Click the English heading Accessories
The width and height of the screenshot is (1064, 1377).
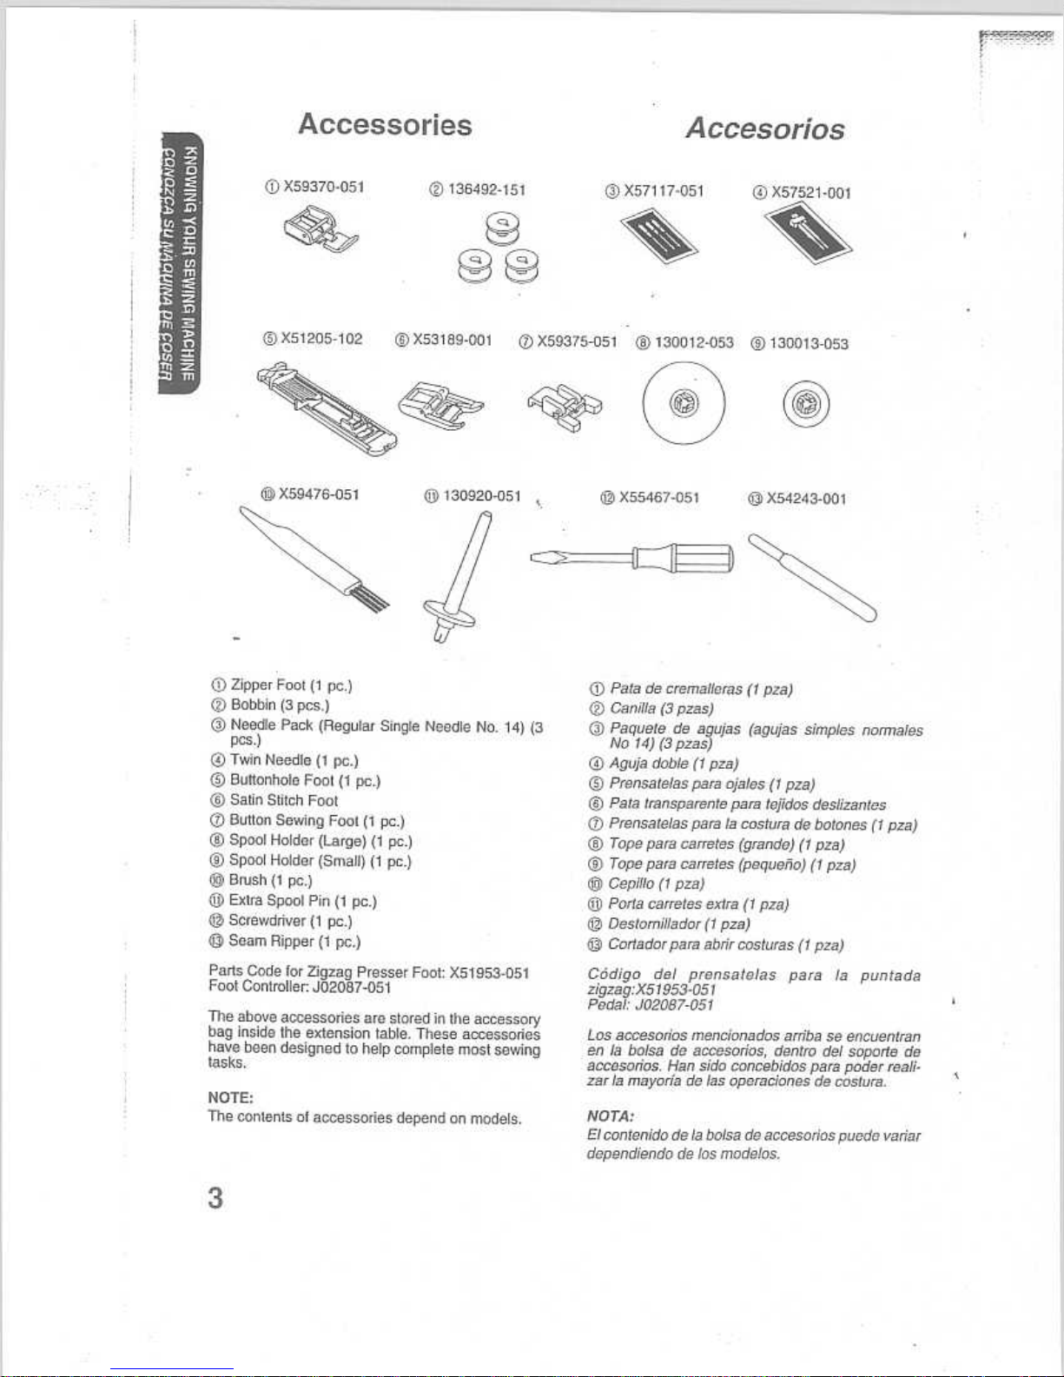pos(385,124)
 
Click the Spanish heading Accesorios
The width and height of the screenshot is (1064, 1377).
pos(765,129)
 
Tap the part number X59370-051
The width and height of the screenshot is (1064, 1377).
pos(324,187)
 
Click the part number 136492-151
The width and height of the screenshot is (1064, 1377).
pos(487,189)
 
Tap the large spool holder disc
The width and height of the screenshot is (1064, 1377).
pos(684,403)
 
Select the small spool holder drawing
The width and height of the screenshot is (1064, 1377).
pos(806,404)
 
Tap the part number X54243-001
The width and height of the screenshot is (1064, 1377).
pos(806,499)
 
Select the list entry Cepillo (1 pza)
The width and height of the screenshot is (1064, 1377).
pos(656,884)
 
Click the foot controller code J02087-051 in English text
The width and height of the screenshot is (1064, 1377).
pos(352,988)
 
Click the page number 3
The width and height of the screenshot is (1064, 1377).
pos(215,1199)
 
